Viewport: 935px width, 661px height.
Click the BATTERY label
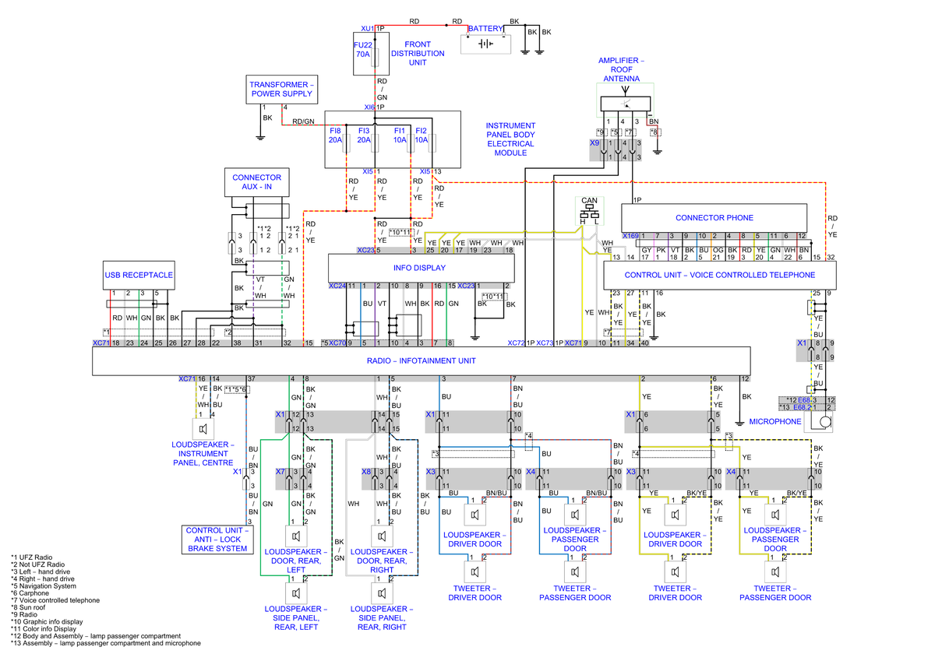click(486, 29)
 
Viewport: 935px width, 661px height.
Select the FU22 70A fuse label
click(363, 49)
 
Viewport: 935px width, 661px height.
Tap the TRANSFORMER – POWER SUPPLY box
click(280, 89)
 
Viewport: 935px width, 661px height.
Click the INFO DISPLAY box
click(420, 268)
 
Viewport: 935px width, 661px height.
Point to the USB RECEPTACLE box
click(139, 275)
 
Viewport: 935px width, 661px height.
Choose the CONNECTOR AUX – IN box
click(257, 182)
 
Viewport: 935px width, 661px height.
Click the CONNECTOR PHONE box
click(714, 217)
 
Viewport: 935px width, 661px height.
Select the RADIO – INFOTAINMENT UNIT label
click(421, 360)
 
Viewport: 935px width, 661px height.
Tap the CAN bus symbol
click(590, 208)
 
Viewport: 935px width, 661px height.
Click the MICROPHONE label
click(775, 421)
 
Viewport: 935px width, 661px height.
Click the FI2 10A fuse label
click(422, 135)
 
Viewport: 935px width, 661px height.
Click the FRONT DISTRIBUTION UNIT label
click(418, 54)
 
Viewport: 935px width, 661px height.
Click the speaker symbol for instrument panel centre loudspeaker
click(203, 429)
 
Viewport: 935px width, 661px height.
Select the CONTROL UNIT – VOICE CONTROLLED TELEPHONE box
click(719, 275)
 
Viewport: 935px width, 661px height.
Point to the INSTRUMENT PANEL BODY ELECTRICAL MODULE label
click(511, 139)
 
